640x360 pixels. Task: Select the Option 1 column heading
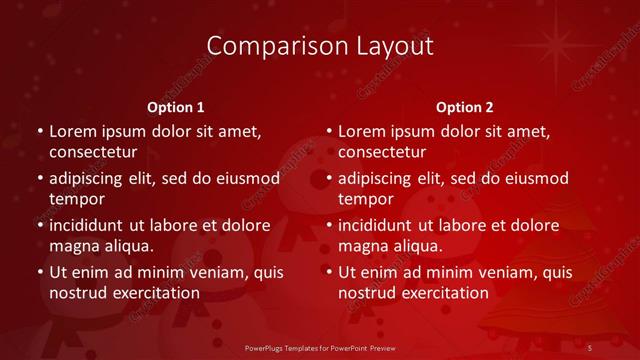click(176, 107)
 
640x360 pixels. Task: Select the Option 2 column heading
click(465, 107)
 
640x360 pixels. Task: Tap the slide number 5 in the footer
click(590, 347)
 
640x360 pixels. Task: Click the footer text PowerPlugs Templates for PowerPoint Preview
click(319, 347)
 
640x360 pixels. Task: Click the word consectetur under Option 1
click(93, 153)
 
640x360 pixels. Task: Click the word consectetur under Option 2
click(382, 153)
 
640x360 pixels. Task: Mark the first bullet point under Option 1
click(40, 132)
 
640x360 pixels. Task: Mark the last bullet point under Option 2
click(329, 272)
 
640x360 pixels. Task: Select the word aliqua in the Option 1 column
click(124, 246)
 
